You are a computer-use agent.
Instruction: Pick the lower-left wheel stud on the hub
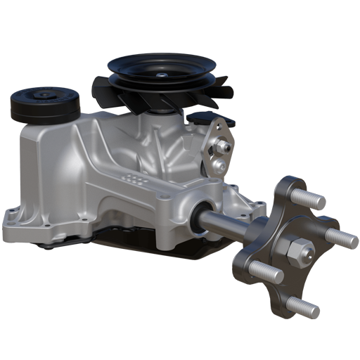pos(266,271)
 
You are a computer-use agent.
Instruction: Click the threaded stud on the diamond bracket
pos(224,146)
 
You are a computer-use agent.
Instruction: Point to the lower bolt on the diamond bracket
pos(220,165)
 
